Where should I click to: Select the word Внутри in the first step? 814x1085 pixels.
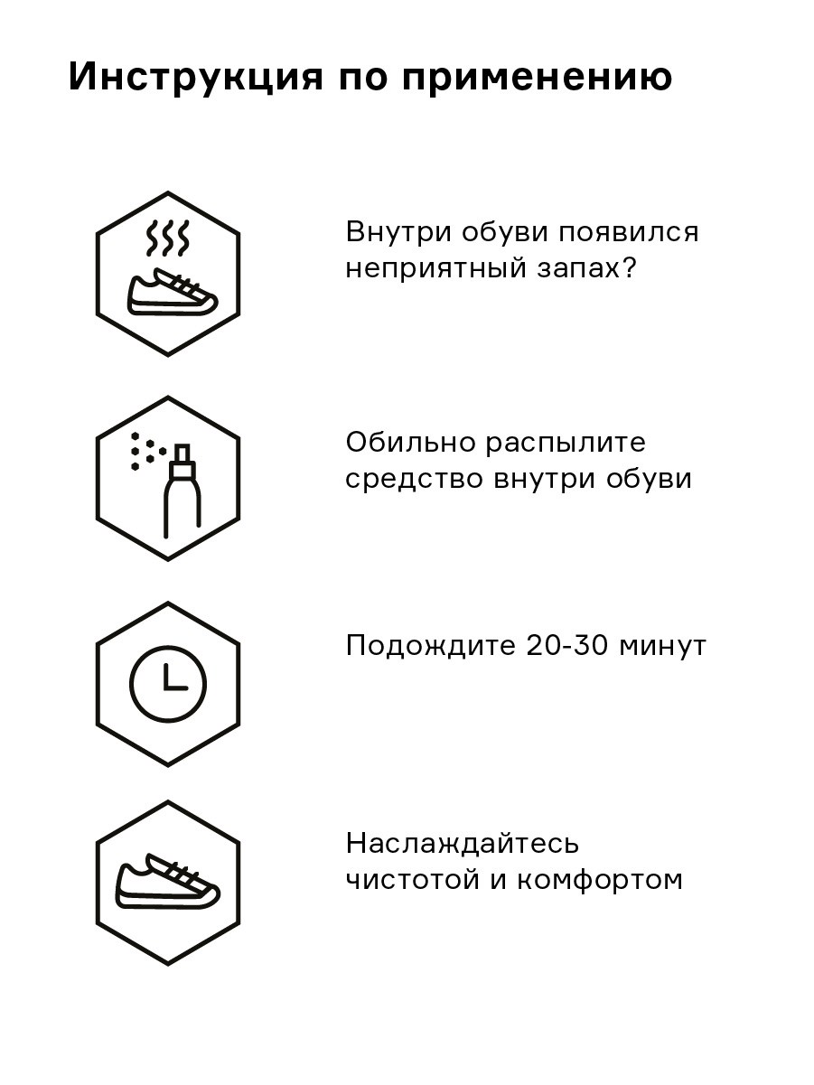click(398, 232)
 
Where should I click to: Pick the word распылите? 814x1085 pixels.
click(565, 444)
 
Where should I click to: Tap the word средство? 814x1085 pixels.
click(414, 479)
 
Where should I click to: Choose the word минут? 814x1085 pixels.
click(662, 648)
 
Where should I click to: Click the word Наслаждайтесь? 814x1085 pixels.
click(462, 843)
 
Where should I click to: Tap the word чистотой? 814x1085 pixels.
click(412, 881)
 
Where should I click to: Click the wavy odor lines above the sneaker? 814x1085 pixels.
click(168, 239)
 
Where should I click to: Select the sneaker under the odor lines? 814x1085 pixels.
click(173, 293)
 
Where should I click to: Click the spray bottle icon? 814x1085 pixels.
click(182, 491)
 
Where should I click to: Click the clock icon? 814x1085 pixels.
click(168, 685)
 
